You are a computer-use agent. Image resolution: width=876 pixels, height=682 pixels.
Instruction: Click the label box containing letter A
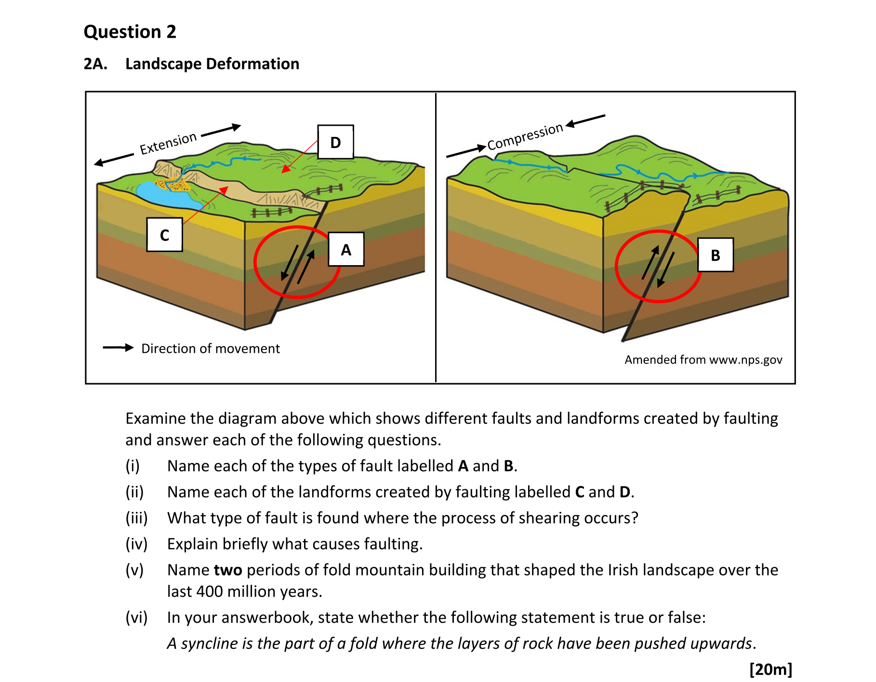(346, 249)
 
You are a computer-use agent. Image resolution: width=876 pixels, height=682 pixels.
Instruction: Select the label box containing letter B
(716, 255)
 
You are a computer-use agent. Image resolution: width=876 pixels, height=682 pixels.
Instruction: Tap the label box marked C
(164, 235)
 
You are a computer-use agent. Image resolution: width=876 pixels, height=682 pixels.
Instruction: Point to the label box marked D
(335, 142)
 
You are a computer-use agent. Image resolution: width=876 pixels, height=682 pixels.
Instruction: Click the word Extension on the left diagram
(168, 143)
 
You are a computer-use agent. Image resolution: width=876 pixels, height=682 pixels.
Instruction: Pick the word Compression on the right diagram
(525, 136)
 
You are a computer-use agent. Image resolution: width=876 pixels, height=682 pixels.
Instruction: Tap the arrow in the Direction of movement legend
(118, 348)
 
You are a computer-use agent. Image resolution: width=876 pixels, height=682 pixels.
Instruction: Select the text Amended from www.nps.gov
(703, 360)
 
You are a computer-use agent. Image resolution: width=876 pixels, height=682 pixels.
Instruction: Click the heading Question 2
(130, 32)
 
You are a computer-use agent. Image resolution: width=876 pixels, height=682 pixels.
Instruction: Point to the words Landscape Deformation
(212, 64)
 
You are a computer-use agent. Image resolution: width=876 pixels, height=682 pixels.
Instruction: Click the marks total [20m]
(770, 669)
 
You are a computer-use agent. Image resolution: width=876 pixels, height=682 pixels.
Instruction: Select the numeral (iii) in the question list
(136, 518)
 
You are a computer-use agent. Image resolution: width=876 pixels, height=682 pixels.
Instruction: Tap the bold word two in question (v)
(228, 570)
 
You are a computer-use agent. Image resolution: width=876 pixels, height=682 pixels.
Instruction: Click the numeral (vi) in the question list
(136, 617)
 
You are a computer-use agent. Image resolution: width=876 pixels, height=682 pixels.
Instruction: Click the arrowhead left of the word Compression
(481, 147)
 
